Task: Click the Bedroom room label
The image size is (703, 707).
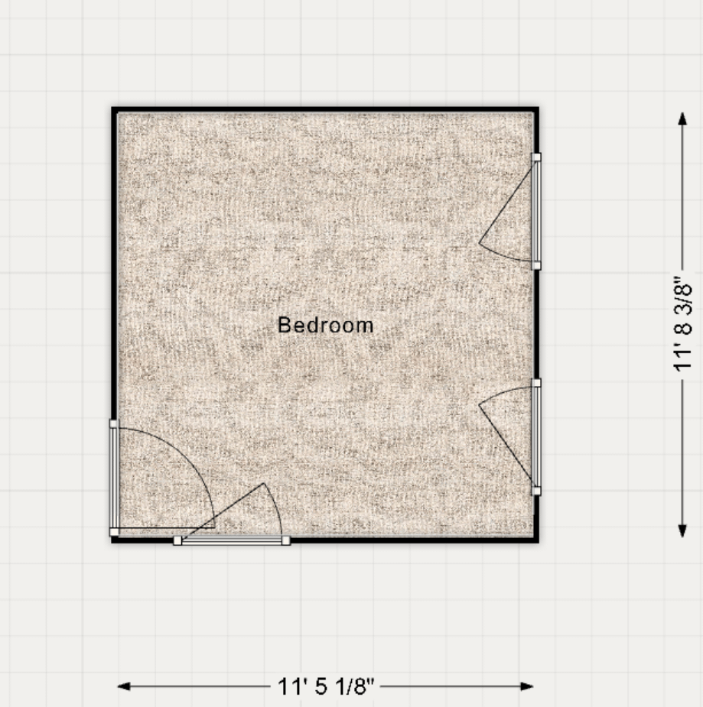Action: [325, 325]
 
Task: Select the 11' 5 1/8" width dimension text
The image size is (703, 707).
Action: [326, 686]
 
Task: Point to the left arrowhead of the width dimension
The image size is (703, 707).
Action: [124, 686]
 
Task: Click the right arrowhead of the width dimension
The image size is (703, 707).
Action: [527, 686]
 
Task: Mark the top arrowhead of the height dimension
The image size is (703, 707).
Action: [682, 118]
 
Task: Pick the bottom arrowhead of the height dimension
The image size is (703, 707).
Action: [682, 530]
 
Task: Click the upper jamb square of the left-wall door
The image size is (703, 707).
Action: [113, 424]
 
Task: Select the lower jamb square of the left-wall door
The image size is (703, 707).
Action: [114, 532]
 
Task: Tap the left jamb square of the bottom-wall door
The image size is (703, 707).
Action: [177, 540]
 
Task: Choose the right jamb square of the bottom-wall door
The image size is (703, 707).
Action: [285, 540]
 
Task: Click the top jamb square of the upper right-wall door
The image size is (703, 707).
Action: [536, 157]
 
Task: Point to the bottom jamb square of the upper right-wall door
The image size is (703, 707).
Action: [536, 265]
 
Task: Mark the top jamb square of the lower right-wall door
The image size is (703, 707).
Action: [536, 383]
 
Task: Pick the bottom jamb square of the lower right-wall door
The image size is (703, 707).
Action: [536, 491]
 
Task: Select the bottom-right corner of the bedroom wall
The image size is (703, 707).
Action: [539, 542]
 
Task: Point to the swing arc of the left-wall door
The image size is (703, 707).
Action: [186, 456]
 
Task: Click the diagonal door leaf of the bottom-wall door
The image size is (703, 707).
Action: [223, 511]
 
